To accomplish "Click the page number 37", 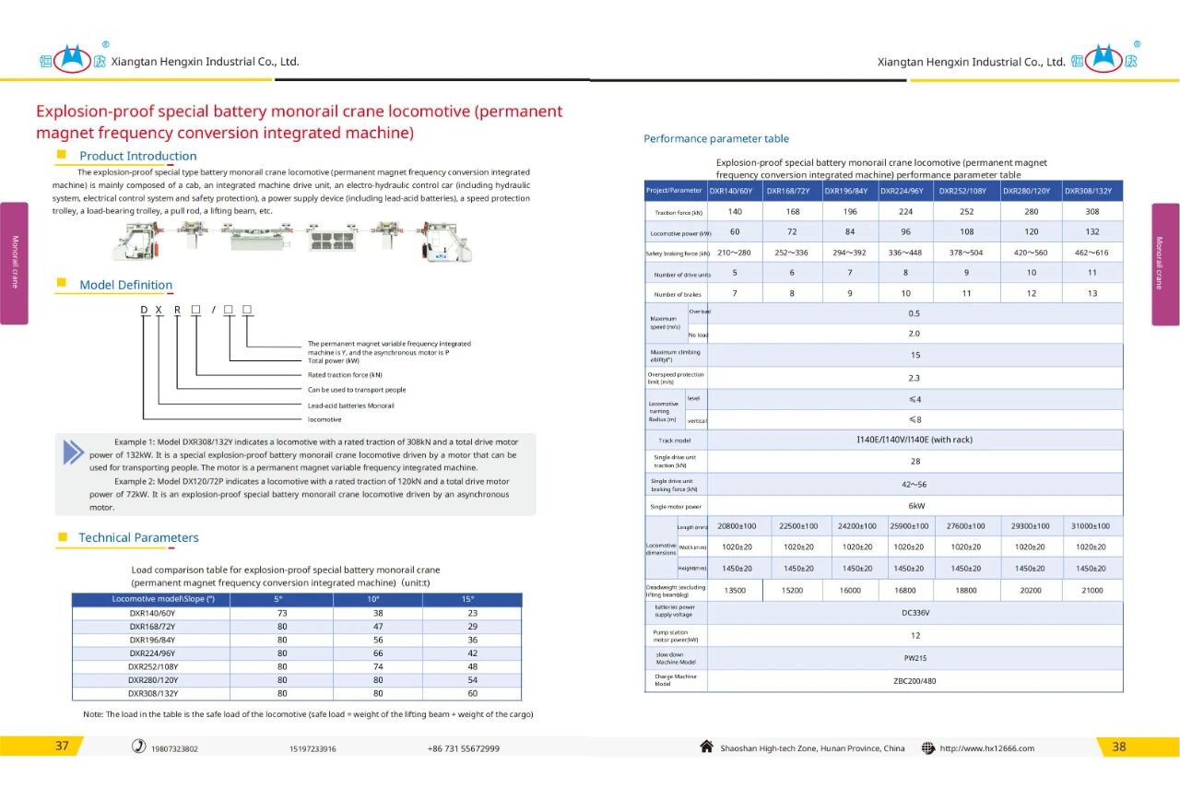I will click(62, 747).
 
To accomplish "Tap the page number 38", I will click(1118, 747).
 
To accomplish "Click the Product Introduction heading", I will click(137, 156).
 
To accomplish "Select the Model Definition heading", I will click(125, 285).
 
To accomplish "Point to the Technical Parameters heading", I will click(138, 537).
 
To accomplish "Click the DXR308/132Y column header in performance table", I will click(1092, 191).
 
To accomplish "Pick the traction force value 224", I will click(905, 212).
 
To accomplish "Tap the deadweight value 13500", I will click(735, 591).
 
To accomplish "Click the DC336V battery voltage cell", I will click(915, 613).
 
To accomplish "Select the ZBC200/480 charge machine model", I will click(914, 681).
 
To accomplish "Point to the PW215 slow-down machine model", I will click(915, 658).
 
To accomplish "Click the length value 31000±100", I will click(1091, 526).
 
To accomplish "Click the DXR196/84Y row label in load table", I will click(152, 640).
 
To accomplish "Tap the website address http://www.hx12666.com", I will click(986, 748).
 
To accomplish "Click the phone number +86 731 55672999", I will click(464, 748).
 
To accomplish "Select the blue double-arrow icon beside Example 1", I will click(73, 453).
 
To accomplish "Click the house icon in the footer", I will click(707, 747).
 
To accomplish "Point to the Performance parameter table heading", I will click(715, 139).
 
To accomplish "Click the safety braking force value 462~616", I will click(1092, 253).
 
